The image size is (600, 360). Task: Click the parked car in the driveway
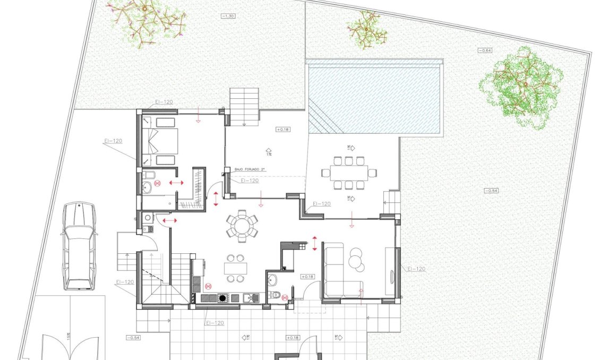tap(79, 245)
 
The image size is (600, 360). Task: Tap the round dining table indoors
tap(242, 226)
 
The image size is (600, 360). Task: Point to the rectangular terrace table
tap(348, 172)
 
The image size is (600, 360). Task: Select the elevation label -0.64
tap(485, 50)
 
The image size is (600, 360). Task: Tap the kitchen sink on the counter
tap(250, 298)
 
